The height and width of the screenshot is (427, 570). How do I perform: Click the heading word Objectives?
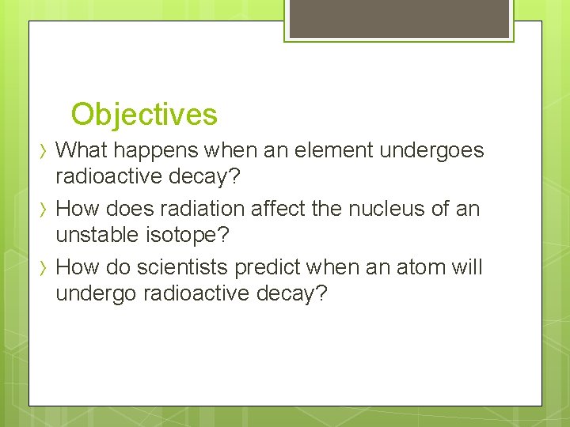coord(143,115)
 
